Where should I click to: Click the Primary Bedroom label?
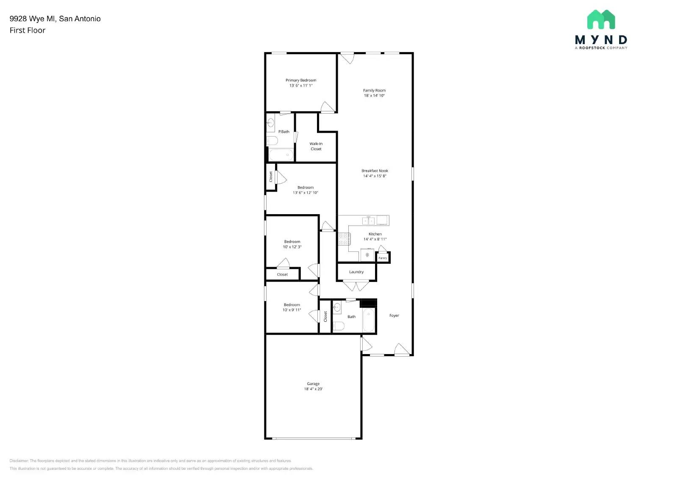pos(300,80)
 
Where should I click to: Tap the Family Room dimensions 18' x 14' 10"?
pos(374,96)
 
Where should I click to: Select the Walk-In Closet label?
pos(316,146)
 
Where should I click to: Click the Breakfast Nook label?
pos(375,171)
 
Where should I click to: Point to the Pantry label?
pos(383,258)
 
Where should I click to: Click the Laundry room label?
pos(356,272)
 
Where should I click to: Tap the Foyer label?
pos(394,315)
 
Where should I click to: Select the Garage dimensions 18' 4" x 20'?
pos(313,389)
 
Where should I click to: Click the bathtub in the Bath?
pos(368,320)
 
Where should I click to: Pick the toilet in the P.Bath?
pos(272,140)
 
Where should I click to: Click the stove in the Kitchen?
pos(343,239)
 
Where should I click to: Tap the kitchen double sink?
pos(369,220)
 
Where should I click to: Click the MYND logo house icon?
pos(601,20)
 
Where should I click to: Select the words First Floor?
pos(28,30)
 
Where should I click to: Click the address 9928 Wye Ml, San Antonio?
pos(55,19)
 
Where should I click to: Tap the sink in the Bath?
pos(337,307)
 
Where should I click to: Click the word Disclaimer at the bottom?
pos(19,460)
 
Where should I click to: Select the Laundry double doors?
pos(356,286)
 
